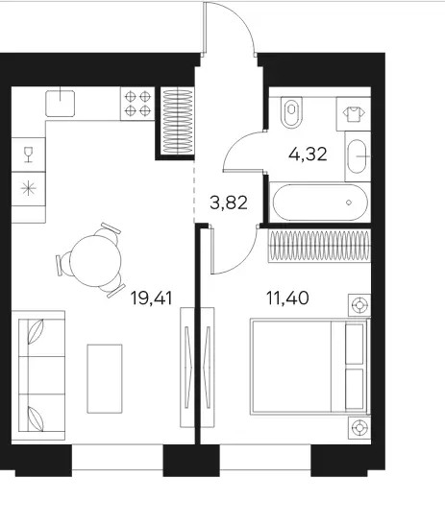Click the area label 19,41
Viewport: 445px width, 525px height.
[x=151, y=298]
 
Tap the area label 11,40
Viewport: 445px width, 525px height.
[x=287, y=298]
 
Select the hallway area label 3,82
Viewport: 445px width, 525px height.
[x=229, y=203]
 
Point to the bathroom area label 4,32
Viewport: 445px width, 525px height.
[x=308, y=155]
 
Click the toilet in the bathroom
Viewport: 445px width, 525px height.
[x=291, y=112]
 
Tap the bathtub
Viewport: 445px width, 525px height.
[x=320, y=203]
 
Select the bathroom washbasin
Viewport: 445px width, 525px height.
[x=358, y=156]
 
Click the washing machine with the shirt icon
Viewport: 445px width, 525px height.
[x=354, y=114]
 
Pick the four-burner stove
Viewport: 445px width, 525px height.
[x=137, y=104]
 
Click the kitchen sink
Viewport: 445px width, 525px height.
[x=60, y=104]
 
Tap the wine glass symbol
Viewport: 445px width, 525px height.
[x=29, y=155]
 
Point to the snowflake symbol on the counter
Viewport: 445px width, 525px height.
[x=29, y=188]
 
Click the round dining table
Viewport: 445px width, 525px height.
[x=95, y=261]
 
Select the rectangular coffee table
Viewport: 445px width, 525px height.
[x=105, y=379]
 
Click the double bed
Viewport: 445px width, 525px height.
[x=309, y=368]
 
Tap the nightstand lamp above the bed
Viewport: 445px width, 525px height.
[x=359, y=305]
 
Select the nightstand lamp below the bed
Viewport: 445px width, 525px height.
[x=359, y=427]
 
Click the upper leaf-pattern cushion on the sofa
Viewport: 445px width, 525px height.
[x=36, y=331]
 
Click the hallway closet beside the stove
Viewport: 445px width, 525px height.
[x=178, y=121]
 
